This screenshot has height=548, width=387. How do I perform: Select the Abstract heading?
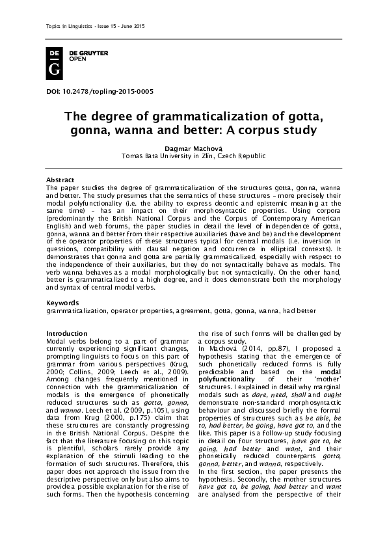click(x=60, y=180)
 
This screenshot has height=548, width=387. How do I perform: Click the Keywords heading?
click(x=62, y=303)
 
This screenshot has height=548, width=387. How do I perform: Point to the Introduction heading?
click(x=67, y=333)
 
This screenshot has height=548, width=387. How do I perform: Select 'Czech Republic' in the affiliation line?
click(x=242, y=157)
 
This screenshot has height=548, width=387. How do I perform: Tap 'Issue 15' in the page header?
click(x=91, y=25)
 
